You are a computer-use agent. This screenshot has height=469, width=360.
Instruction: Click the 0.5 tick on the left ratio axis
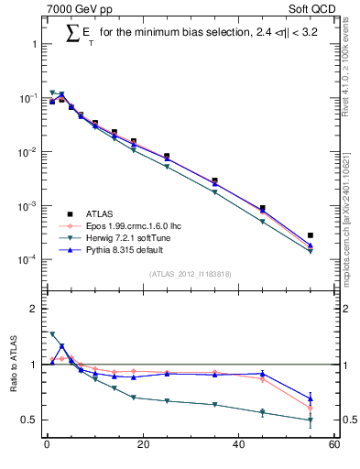coord(29,420)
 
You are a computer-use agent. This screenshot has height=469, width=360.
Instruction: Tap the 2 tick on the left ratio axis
coord(33,310)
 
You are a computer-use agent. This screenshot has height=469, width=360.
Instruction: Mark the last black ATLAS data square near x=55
coord(311,235)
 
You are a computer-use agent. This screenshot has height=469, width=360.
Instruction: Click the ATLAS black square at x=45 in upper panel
coord(262,209)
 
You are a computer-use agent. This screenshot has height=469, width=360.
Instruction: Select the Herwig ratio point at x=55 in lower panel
coord(311,420)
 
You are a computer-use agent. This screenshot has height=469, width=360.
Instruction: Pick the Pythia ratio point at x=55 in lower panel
coord(311,398)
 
